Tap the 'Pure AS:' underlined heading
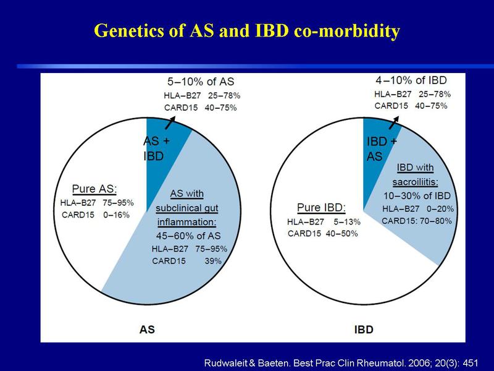pos(94,189)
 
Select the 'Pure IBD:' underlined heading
pos(321,208)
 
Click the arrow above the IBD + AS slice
pos(394,122)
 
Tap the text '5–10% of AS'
pos(201,82)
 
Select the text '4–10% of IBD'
pos(411,80)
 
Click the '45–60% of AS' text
pos(188,236)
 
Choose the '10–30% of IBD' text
pos(417,195)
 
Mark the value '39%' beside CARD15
pos(213,261)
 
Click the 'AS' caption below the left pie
pos(147,330)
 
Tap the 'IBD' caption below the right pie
pos(364,330)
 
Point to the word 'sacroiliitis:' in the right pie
pos(415,182)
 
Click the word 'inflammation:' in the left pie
pos(187,222)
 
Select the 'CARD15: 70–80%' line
pos(416,221)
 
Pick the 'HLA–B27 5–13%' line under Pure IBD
pos(324,222)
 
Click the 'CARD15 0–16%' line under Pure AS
pos(96,215)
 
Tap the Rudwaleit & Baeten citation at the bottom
pos(341,363)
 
